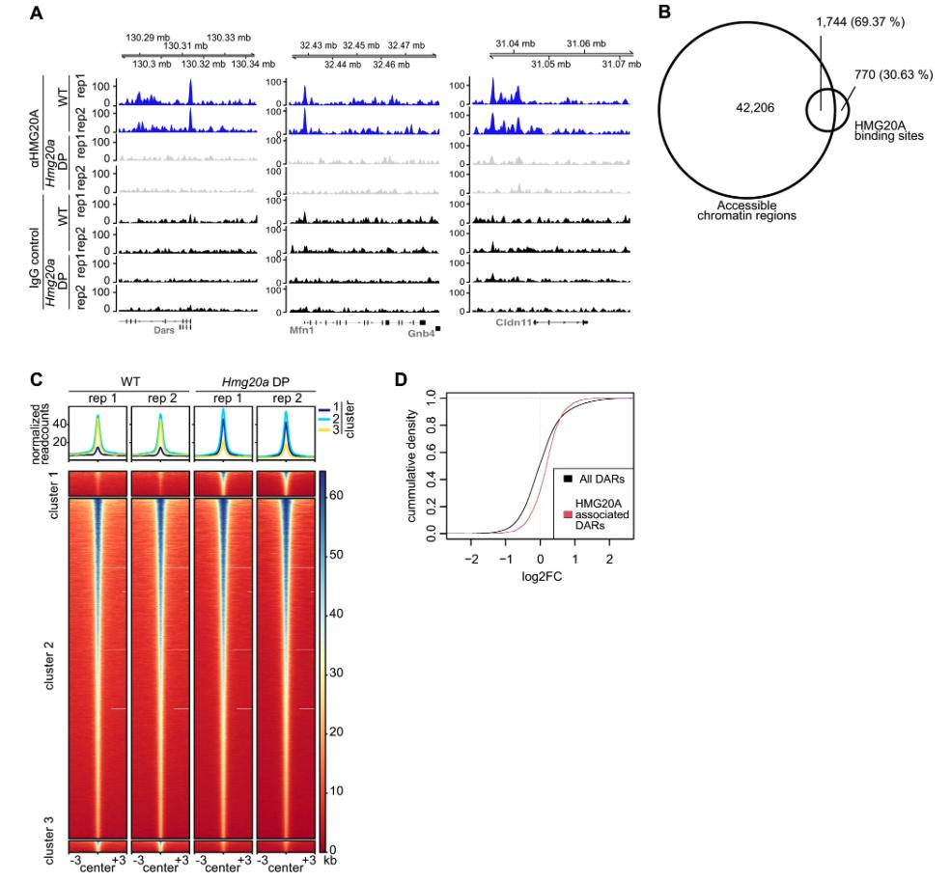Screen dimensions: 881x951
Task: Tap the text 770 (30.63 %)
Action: [x=893, y=75]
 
